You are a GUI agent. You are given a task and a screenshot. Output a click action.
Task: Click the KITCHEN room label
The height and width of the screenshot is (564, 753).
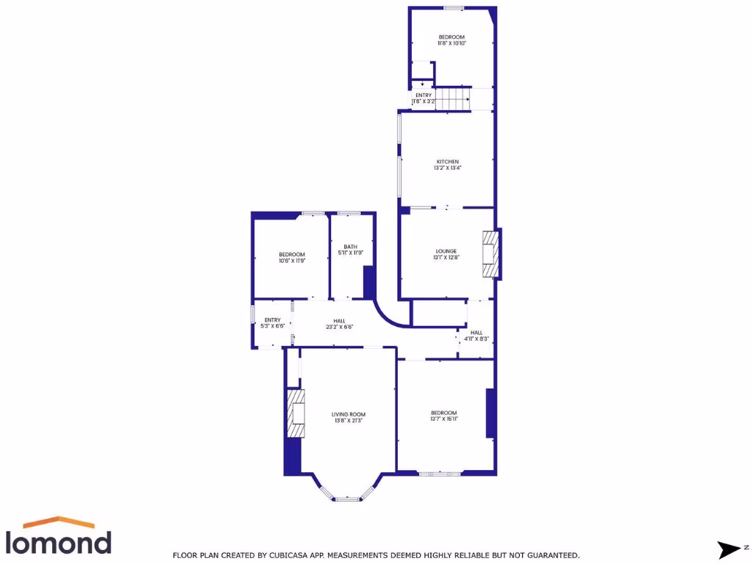pyautogui.click(x=448, y=162)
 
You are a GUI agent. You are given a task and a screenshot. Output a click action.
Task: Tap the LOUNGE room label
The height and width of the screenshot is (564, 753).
pyautogui.click(x=446, y=251)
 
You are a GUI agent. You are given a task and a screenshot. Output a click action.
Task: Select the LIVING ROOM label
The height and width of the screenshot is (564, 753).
pyautogui.click(x=349, y=414)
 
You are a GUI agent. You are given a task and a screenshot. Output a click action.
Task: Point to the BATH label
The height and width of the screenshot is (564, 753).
pyautogui.click(x=350, y=247)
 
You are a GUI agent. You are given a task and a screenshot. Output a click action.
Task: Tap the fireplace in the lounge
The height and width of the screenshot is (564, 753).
pyautogui.click(x=489, y=254)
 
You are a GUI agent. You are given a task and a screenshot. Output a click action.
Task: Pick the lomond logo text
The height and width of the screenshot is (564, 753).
pyautogui.click(x=59, y=542)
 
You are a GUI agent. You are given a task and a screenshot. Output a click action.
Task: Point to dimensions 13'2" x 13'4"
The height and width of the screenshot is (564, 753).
pyautogui.click(x=448, y=168)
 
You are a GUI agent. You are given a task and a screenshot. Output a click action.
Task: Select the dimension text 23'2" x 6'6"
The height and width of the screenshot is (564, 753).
pyautogui.click(x=339, y=327)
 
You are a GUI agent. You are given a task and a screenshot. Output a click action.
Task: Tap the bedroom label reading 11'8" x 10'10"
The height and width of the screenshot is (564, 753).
pyautogui.click(x=452, y=43)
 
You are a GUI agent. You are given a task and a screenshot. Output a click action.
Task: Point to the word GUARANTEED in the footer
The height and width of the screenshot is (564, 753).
pyautogui.click(x=548, y=556)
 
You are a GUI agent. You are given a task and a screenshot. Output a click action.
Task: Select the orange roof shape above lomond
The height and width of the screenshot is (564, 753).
pyautogui.click(x=59, y=522)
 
